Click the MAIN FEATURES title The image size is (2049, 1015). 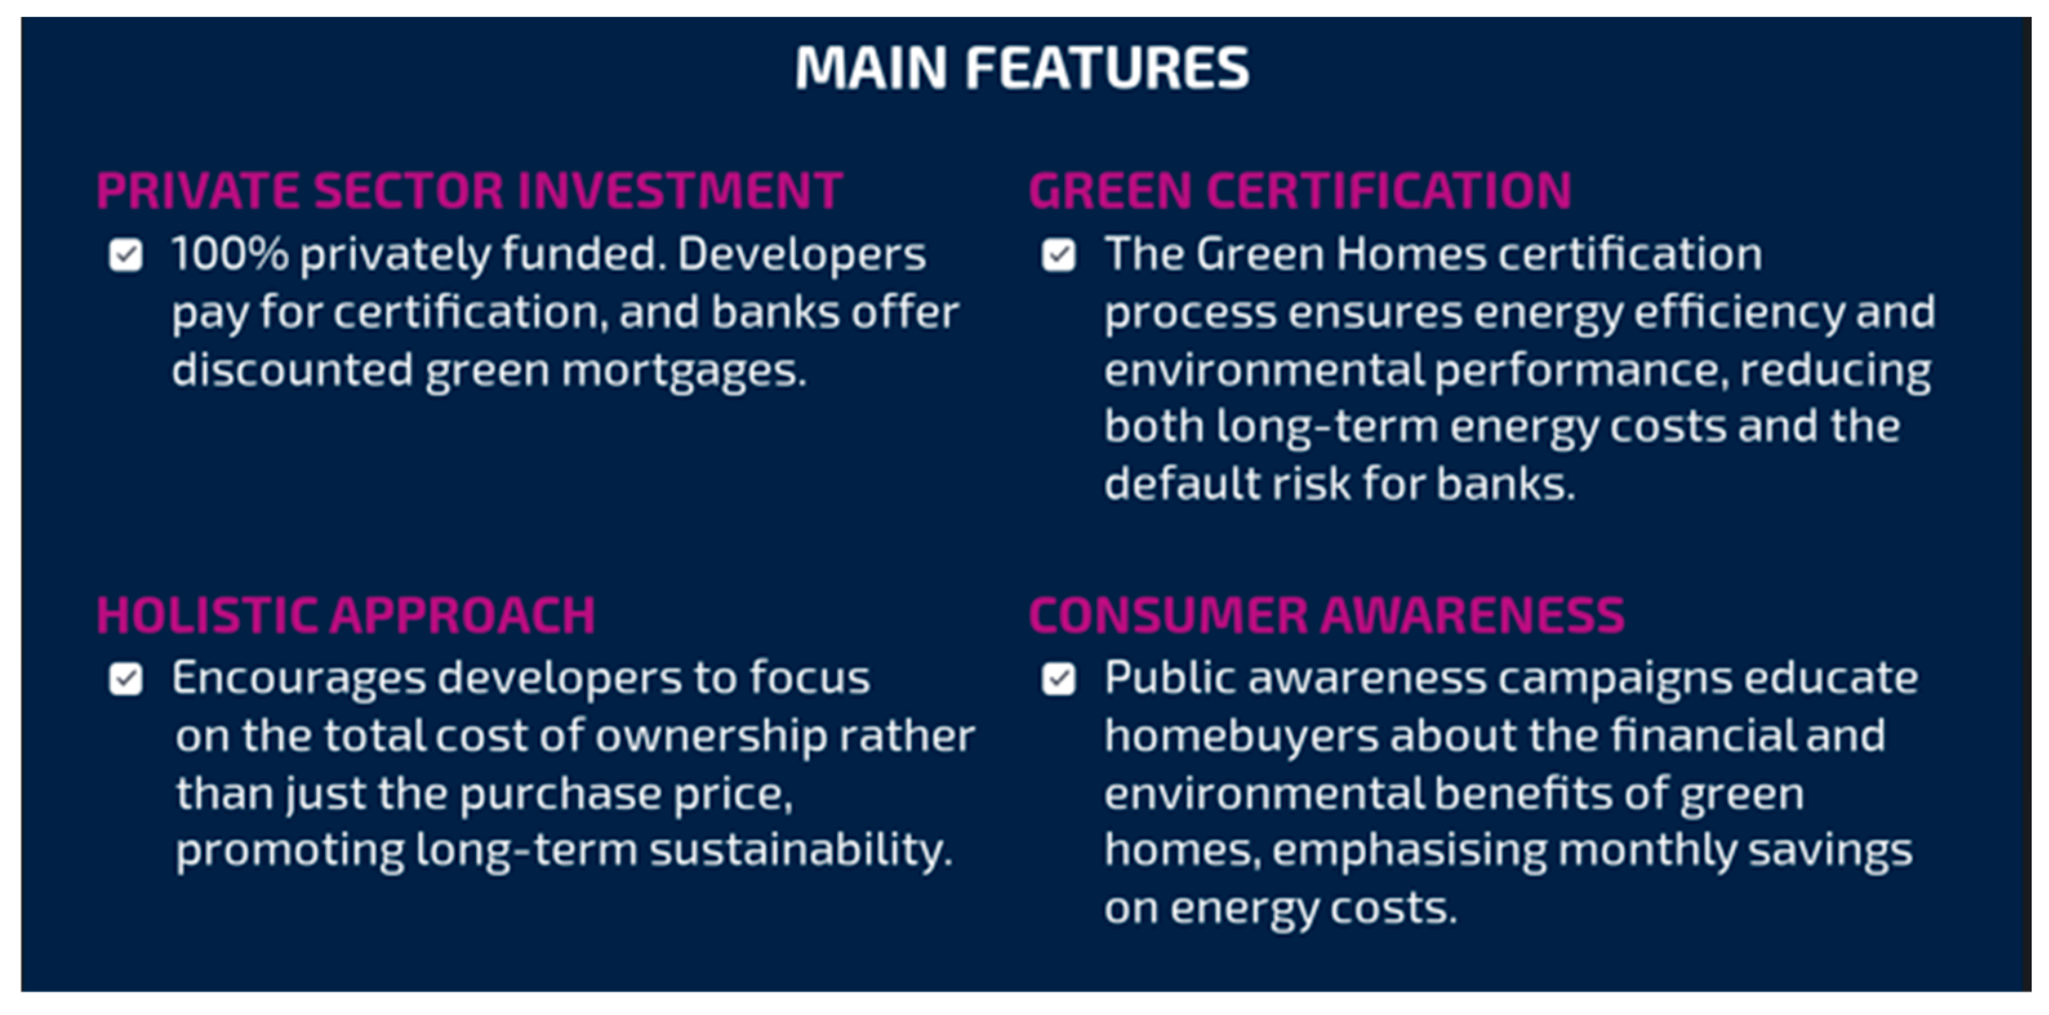pos(1022,68)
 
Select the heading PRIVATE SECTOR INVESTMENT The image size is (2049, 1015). pos(470,191)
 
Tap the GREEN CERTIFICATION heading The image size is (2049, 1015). pos(1300,191)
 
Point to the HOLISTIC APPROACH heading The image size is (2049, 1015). pos(346,615)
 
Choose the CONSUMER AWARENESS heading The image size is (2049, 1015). pos(1327,615)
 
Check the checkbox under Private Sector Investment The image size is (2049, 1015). pos(126,255)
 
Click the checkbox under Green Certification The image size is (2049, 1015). pos(1059,255)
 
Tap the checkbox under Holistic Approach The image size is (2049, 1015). pos(126,679)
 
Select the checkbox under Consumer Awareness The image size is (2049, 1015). pos(1059,679)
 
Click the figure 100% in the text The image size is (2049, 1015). pos(230,255)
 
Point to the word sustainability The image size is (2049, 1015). pos(801,851)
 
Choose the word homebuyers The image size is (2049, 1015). pos(1242,736)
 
